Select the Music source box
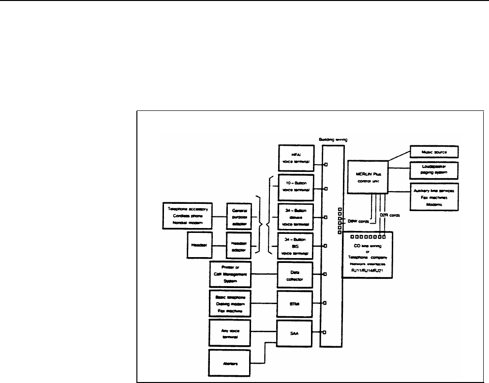click(433, 152)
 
